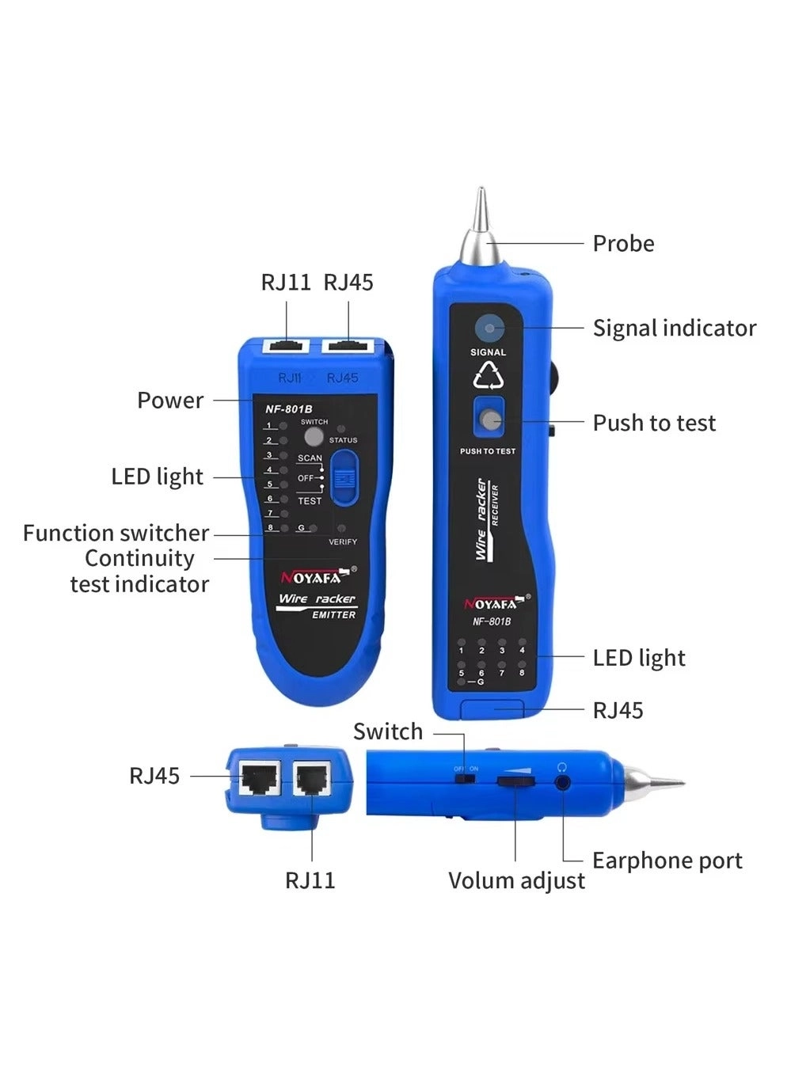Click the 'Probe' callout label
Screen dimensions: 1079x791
click(623, 244)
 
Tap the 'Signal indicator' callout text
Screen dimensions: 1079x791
click(674, 328)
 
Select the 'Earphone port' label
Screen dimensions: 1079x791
click(667, 861)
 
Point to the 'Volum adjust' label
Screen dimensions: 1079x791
click(516, 880)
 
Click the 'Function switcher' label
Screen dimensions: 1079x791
click(116, 533)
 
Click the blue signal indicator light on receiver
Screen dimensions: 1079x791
click(489, 328)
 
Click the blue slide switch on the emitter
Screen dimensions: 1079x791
click(344, 477)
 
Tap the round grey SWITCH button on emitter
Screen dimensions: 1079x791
click(314, 437)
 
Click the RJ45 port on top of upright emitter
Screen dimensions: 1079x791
click(348, 346)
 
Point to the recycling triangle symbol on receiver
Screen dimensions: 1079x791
click(489, 376)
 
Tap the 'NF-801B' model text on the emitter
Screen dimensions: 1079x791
click(283, 409)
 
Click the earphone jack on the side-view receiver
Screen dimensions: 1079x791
click(562, 782)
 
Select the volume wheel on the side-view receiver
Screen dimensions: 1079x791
click(515, 782)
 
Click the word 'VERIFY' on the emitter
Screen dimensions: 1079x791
click(343, 542)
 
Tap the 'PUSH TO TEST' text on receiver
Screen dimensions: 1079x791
click(488, 451)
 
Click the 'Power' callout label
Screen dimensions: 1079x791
click(170, 401)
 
